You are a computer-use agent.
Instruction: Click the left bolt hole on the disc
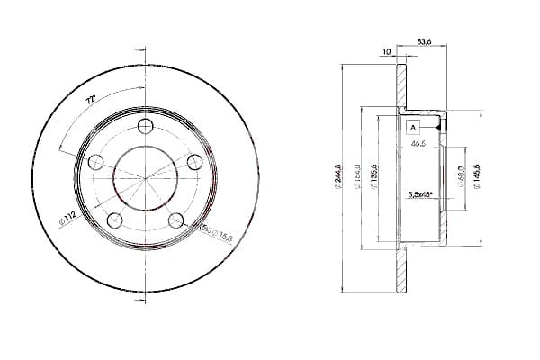pos(95,161)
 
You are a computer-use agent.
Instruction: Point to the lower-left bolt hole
pos(114,220)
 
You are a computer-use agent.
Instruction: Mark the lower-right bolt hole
pos(176,220)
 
